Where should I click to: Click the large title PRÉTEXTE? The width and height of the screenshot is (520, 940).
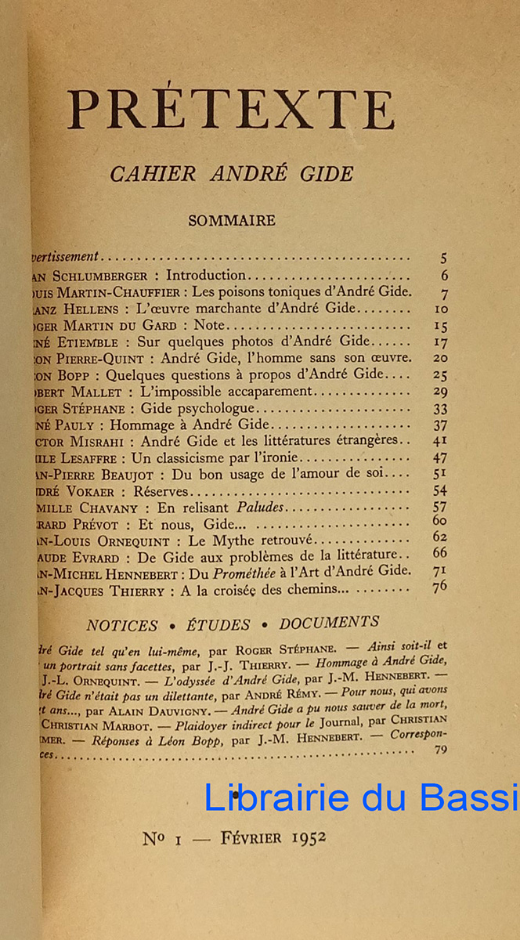pyautogui.click(x=232, y=110)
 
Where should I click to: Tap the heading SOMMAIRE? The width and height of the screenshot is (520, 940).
pyautogui.click(x=232, y=221)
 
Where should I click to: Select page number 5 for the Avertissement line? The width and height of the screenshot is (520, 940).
pyautogui.click(x=444, y=257)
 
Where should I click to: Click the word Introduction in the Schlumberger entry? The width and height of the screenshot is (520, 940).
pyautogui.click(x=206, y=275)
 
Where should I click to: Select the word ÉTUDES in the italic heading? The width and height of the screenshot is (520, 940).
pyautogui.click(x=218, y=624)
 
